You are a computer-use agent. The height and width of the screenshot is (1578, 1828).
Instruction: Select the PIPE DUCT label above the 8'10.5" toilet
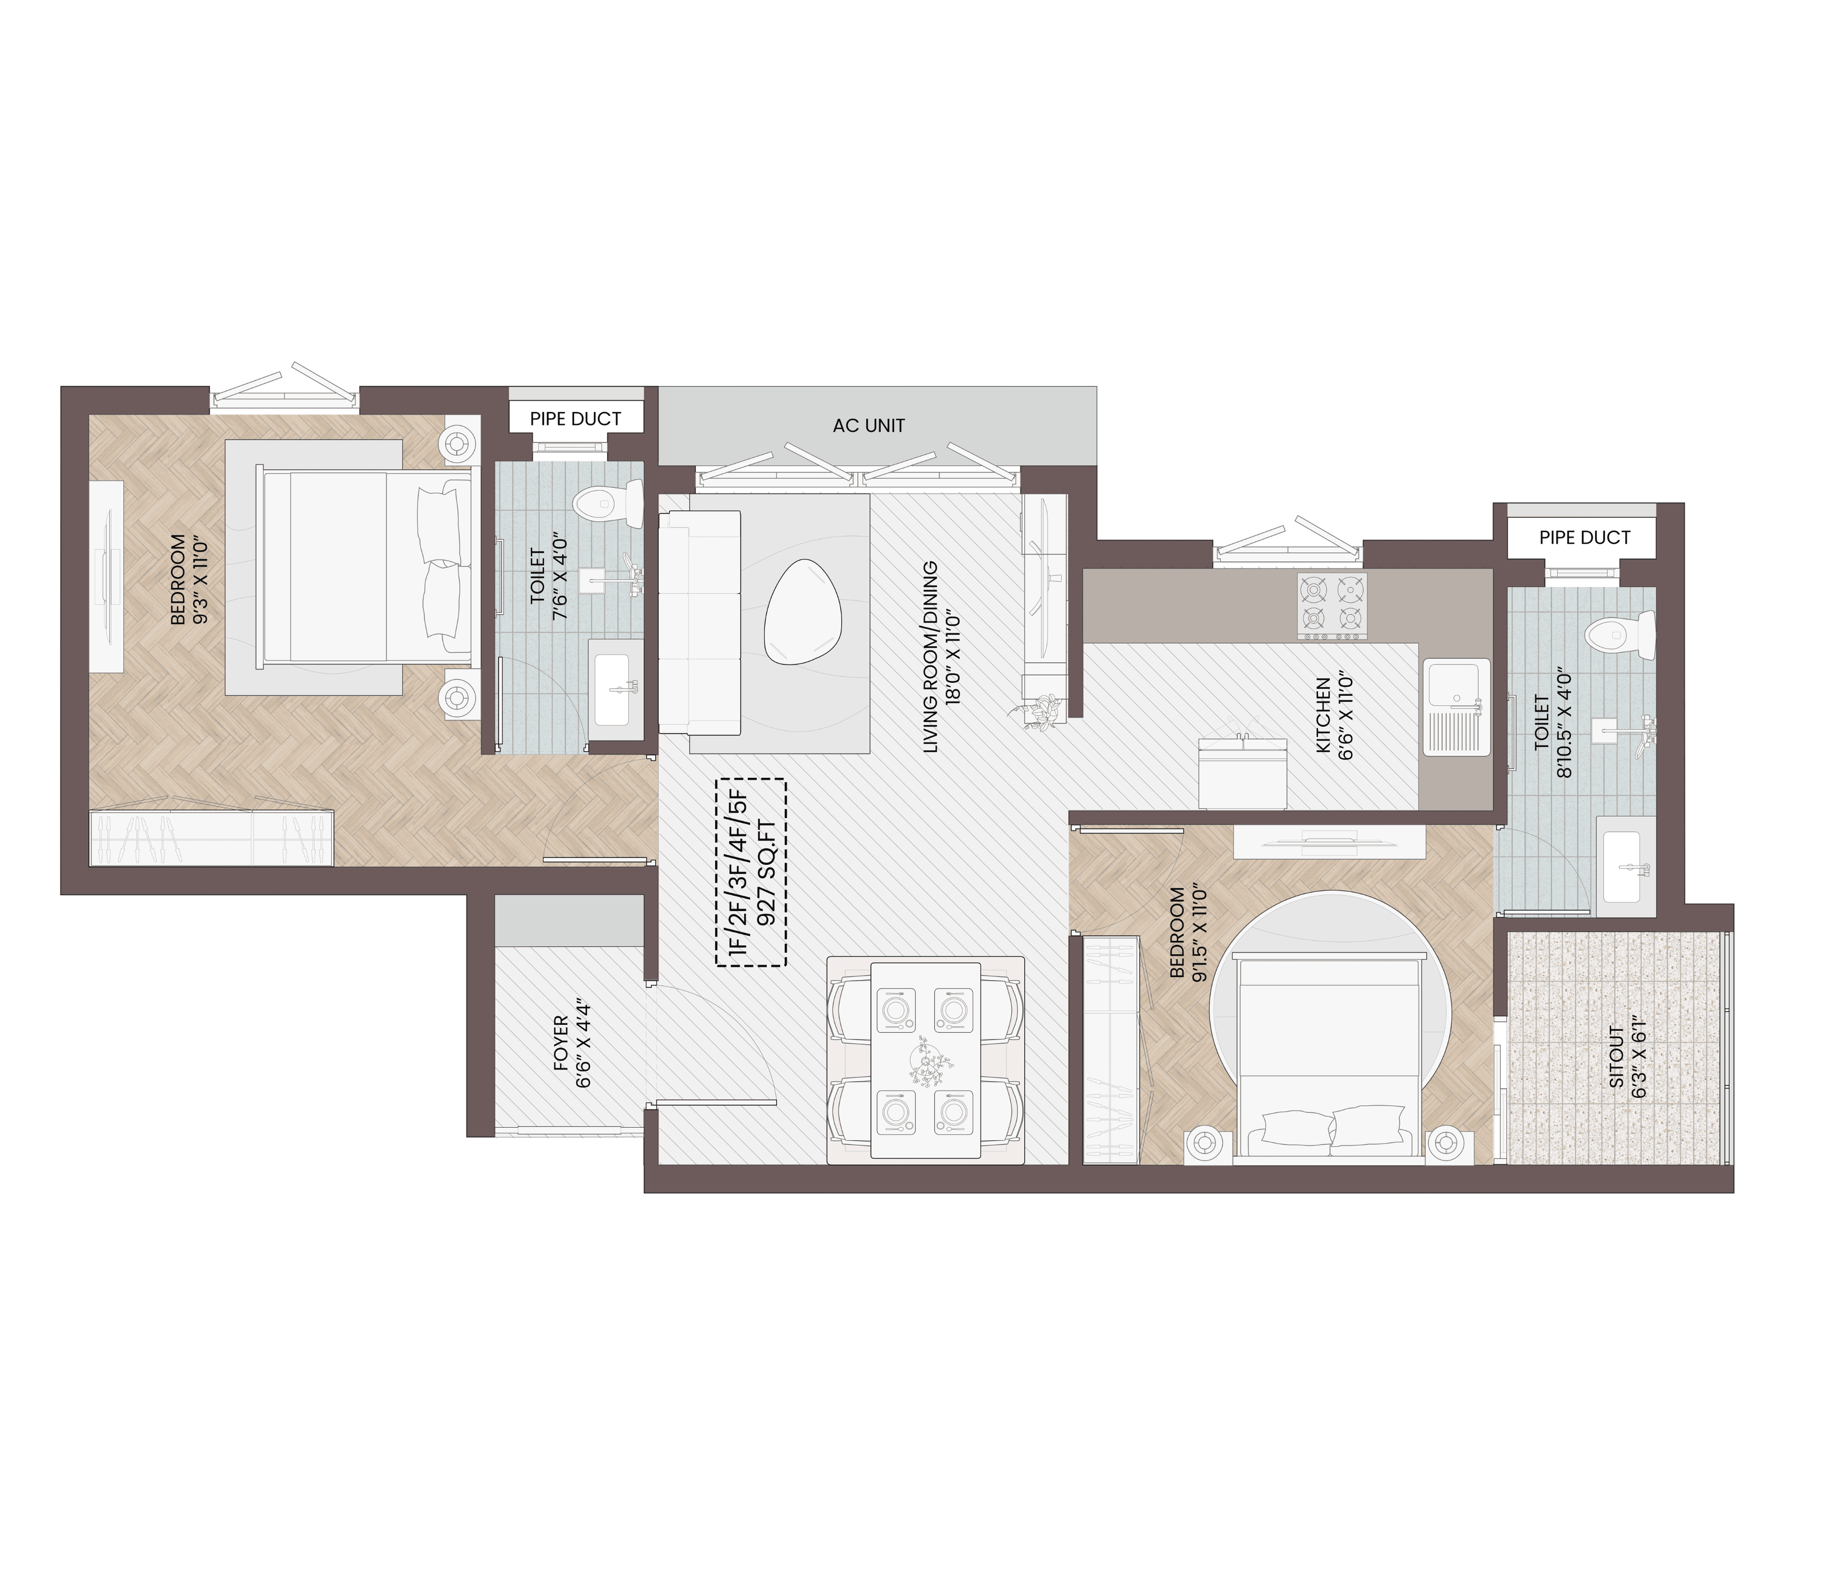[1584, 537]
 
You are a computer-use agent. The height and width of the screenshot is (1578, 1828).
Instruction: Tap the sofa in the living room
[699, 622]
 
